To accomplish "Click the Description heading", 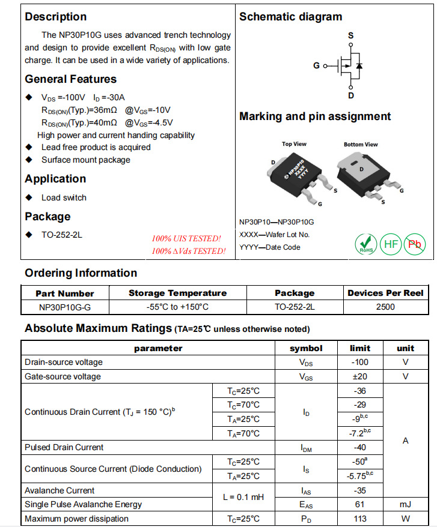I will coord(56,17).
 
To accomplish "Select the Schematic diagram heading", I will coord(290,17).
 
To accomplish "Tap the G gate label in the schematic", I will coord(317,65).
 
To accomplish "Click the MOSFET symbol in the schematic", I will coord(349,65).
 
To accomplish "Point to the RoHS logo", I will coord(365,244).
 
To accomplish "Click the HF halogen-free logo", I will coord(391,244).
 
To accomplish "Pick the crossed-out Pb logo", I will coord(415,244).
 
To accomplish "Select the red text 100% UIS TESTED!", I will coord(186,238).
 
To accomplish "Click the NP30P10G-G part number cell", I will coord(65,307).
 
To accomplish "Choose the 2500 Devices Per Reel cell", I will coord(385,307).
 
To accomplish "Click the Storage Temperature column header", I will coord(177,293).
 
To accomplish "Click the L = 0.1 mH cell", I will coord(243,497).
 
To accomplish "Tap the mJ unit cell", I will coord(405,504).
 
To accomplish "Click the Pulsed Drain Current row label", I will coord(64,447).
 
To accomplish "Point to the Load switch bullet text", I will coord(64,197).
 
